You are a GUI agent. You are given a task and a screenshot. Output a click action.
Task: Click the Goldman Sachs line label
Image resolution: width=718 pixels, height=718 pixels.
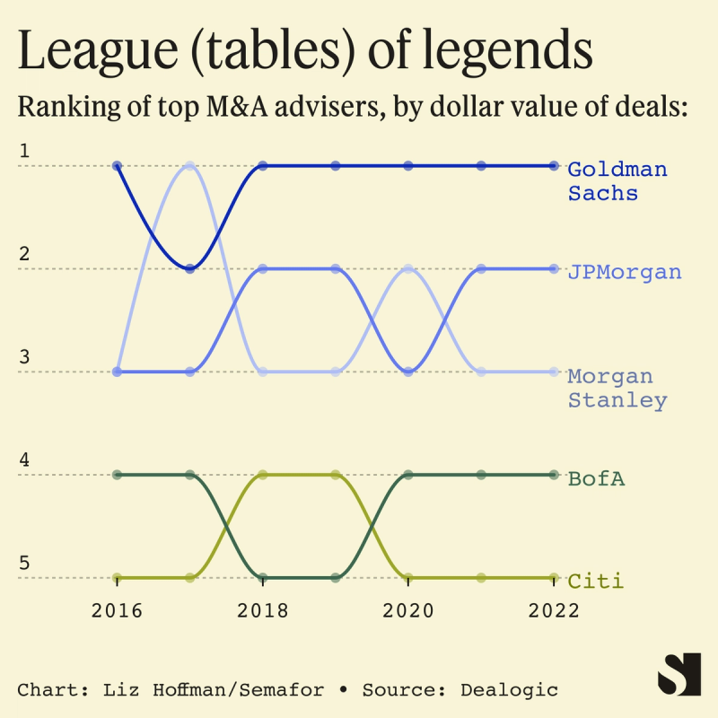617,180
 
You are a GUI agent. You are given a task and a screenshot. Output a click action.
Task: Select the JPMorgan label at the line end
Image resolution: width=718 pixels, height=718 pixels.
624,272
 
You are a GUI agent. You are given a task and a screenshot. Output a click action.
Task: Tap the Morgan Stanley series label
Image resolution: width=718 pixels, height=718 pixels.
617,388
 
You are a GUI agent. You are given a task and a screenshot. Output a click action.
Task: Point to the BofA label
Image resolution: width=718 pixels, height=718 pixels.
596,478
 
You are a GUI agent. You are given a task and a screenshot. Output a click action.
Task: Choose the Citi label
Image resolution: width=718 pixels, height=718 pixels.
595,582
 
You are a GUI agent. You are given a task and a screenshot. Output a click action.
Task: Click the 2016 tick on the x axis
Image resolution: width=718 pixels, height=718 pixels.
117,611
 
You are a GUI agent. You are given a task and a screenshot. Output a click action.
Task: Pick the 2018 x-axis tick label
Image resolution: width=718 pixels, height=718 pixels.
262,611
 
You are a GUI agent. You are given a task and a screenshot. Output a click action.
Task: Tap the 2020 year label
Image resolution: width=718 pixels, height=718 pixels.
408,611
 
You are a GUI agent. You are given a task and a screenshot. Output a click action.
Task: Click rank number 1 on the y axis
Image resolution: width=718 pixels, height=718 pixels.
24,151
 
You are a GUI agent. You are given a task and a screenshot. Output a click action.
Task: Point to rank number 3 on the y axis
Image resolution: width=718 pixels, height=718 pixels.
24,356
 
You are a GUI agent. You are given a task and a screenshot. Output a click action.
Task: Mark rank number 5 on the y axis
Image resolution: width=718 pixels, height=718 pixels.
24,563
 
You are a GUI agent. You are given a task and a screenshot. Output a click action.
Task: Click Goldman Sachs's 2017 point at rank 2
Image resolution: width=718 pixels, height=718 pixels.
189,268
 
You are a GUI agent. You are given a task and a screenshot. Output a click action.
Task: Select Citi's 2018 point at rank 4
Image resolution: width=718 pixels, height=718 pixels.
262,475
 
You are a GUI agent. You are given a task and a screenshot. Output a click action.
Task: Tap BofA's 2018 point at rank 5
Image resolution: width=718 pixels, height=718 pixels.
262,578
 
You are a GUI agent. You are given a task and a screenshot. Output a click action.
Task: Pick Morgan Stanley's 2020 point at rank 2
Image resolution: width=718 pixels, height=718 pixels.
408,268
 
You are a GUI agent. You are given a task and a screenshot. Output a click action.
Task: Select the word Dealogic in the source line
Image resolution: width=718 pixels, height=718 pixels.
509,690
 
